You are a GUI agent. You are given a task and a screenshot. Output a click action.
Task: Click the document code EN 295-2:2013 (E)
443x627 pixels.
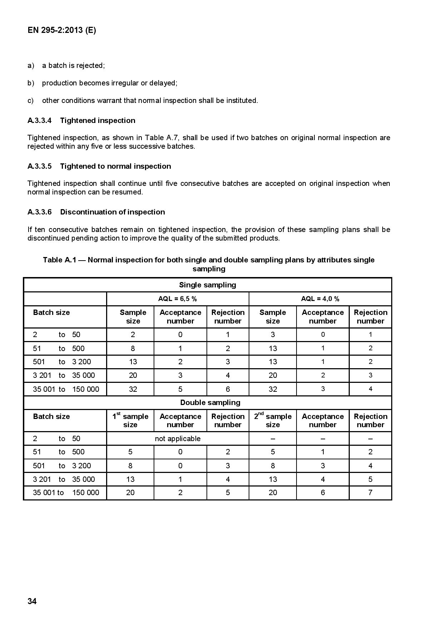coord(62,30)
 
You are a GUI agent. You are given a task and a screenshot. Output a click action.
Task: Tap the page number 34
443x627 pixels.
coord(32,601)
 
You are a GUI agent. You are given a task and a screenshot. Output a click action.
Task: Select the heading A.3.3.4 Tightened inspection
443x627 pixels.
coord(81,120)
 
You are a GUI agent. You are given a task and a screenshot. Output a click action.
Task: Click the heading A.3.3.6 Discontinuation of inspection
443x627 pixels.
coord(96,212)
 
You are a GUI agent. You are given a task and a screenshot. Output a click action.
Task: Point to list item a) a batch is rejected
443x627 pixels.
coord(66,65)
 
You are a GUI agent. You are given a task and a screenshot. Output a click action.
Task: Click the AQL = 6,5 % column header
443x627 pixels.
coord(178,299)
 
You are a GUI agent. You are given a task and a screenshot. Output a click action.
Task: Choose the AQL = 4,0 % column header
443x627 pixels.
coord(320,299)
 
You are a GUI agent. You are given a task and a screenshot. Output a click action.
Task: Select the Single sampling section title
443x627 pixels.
coord(208,285)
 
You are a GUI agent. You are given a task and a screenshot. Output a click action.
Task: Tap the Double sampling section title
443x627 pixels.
coord(210,403)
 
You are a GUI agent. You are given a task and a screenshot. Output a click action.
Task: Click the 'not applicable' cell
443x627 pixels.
coord(178,439)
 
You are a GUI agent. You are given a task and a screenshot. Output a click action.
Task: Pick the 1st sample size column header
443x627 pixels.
coord(130,420)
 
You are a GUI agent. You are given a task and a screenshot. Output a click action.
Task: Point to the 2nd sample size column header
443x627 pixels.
coord(273,420)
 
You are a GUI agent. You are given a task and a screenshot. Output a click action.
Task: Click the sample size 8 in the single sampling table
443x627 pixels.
coord(133,349)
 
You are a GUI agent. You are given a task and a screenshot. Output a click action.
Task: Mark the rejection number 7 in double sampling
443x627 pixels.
coord(370,493)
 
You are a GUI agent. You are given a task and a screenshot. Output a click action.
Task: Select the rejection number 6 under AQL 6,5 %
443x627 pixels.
coord(228,389)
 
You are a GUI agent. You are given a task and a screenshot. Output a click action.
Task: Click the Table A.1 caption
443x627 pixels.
coord(209,264)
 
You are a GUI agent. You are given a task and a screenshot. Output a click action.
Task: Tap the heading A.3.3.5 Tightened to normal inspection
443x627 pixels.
coord(99,166)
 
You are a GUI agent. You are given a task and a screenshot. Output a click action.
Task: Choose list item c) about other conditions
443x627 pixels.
coord(143,100)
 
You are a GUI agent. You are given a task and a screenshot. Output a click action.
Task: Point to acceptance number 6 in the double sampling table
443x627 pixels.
coord(323,493)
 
